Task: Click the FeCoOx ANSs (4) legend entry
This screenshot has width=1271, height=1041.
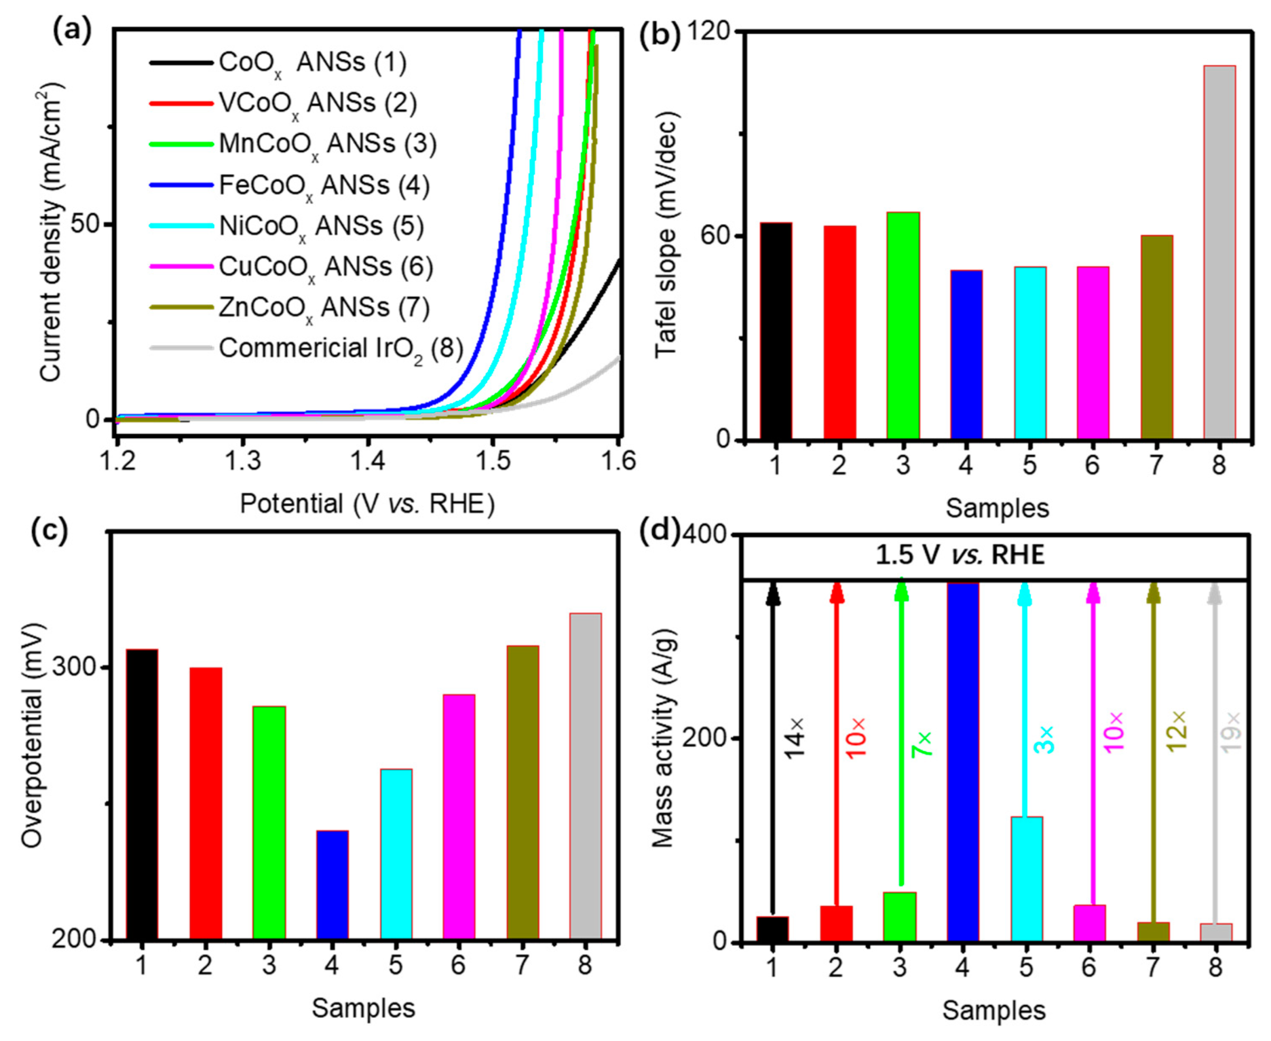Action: pos(324,185)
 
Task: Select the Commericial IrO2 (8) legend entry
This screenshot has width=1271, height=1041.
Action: pos(341,348)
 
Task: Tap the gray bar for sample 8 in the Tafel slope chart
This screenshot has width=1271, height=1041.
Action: pos(1219,252)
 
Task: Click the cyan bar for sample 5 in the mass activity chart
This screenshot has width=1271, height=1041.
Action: pos(1027,879)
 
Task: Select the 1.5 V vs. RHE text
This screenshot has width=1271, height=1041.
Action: pos(960,555)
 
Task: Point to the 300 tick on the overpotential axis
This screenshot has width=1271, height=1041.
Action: pos(79,667)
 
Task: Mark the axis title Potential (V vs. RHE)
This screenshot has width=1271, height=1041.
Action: pos(367,504)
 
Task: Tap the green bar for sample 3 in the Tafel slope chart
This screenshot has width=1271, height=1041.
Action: pos(902,326)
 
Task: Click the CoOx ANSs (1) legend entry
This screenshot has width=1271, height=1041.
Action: pos(312,62)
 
